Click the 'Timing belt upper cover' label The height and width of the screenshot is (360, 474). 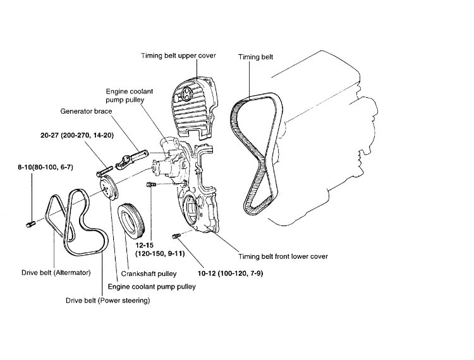point(178,56)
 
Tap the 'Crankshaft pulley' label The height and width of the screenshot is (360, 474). point(150,274)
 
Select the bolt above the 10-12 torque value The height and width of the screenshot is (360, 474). point(176,236)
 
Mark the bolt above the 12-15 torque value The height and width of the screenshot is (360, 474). point(150,184)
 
